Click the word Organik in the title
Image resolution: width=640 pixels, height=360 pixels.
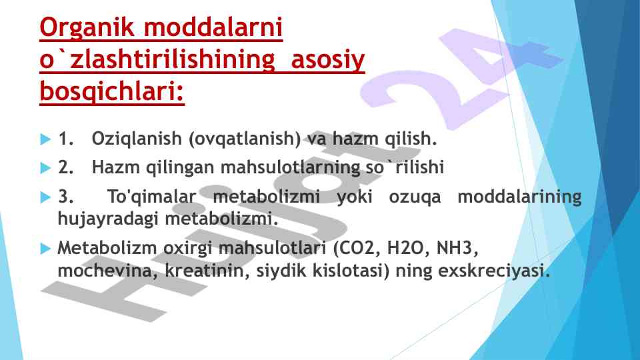click(87, 28)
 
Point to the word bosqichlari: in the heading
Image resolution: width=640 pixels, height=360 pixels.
click(112, 91)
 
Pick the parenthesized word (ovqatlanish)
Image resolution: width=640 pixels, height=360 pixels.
click(245, 139)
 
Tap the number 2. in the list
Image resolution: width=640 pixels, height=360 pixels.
click(66, 167)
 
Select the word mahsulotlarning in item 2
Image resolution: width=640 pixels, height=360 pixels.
click(290, 167)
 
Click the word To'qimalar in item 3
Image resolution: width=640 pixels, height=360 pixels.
click(152, 197)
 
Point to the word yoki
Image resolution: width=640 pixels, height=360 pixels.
click(354, 197)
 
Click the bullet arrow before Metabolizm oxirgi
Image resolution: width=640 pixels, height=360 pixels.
click(46, 249)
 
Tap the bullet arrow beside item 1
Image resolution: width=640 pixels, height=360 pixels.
click(46, 139)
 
